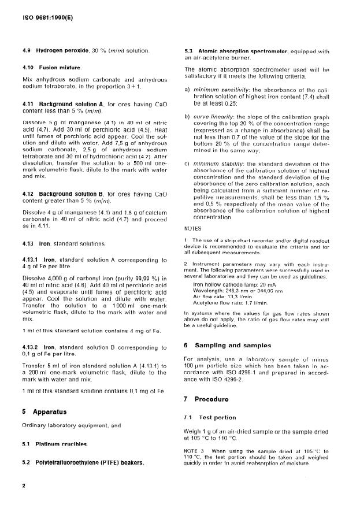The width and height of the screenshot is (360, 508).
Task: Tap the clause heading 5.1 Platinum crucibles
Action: [54, 444]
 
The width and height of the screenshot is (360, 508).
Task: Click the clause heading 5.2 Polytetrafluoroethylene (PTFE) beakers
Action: [83, 462]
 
